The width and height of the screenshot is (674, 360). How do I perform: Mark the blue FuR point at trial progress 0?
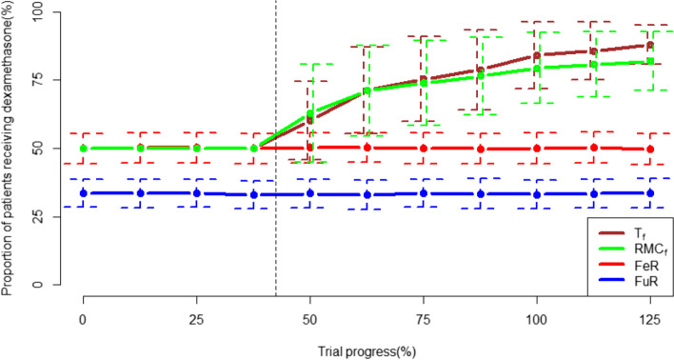84,192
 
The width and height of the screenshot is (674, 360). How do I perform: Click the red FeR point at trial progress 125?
650,150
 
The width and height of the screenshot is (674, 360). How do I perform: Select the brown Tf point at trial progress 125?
650,45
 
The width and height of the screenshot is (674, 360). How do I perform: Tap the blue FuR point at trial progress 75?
424,193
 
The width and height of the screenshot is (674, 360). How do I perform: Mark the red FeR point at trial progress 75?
424,149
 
